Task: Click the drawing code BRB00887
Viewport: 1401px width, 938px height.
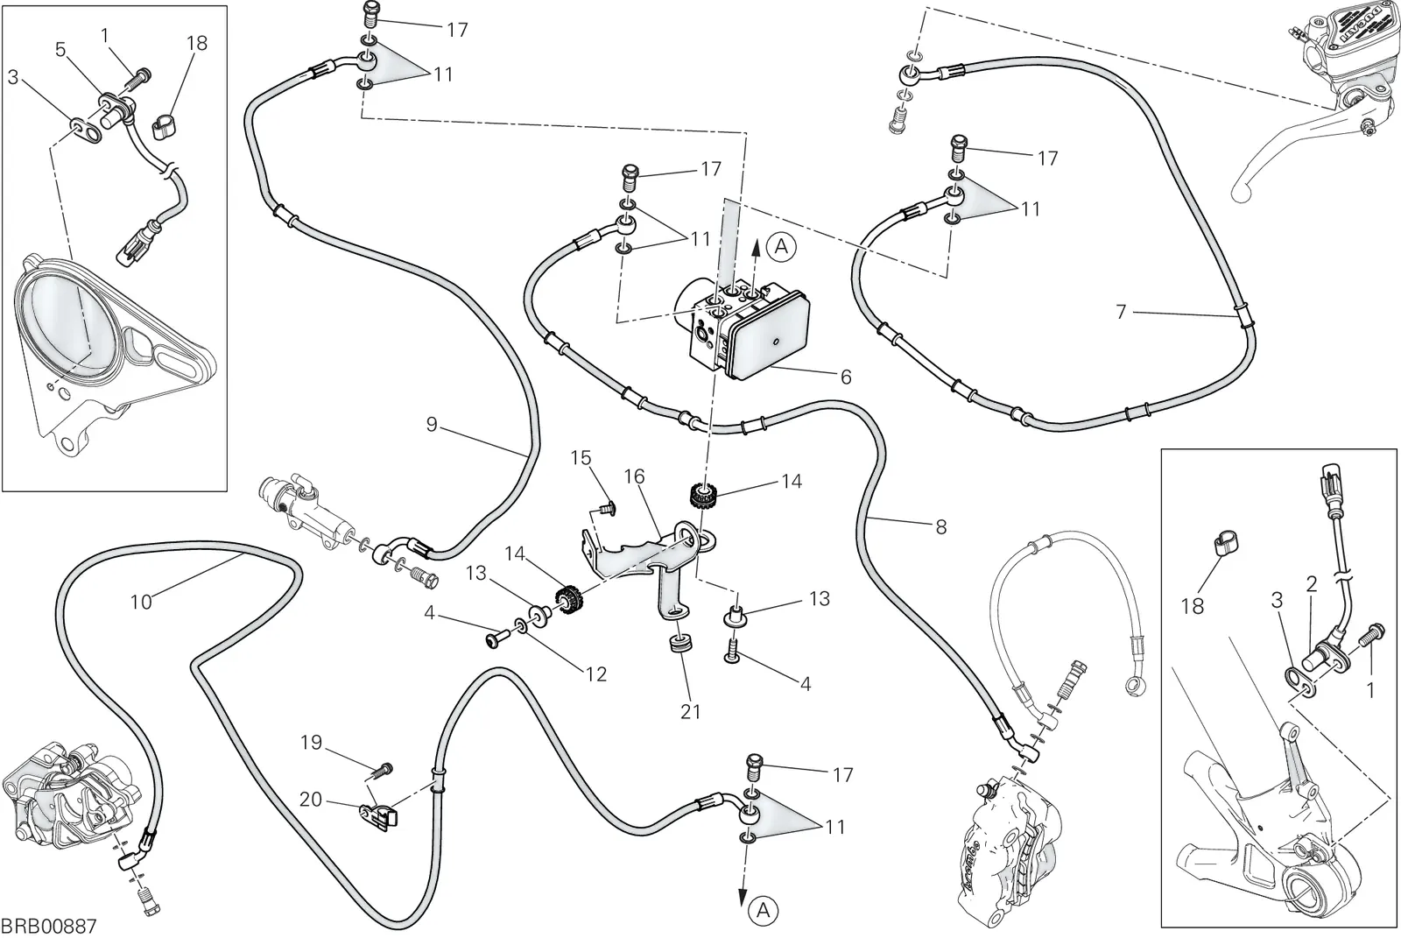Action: tap(49, 926)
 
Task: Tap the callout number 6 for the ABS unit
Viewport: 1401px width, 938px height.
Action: tap(846, 377)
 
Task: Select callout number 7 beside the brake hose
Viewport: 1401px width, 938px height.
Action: tap(1121, 311)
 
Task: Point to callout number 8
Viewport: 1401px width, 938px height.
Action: tap(940, 527)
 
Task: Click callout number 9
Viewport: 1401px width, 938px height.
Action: tap(432, 424)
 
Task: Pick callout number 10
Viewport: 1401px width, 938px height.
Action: tap(141, 602)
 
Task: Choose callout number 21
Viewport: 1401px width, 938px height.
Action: tap(691, 711)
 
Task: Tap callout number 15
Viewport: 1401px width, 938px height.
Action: tap(581, 458)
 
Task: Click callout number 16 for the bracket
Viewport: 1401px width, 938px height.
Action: tap(634, 476)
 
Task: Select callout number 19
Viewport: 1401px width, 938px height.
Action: tap(312, 742)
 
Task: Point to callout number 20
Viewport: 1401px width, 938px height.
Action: tap(311, 799)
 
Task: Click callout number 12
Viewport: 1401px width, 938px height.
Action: tap(596, 674)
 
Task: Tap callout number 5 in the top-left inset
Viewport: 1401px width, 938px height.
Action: tap(60, 49)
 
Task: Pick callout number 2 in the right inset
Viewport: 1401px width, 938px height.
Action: tap(1312, 584)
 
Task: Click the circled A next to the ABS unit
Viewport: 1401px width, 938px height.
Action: tap(781, 247)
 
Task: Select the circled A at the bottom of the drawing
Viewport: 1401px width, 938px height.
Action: tap(763, 910)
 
